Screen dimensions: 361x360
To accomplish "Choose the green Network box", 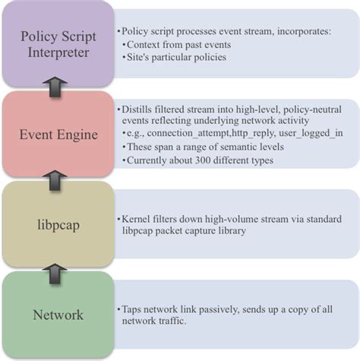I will pyautogui.click(x=58, y=313).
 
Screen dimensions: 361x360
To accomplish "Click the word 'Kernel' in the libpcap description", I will pyautogui.click(x=135, y=218).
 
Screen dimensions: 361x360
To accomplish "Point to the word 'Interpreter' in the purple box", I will pyautogui.click(x=58, y=54).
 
